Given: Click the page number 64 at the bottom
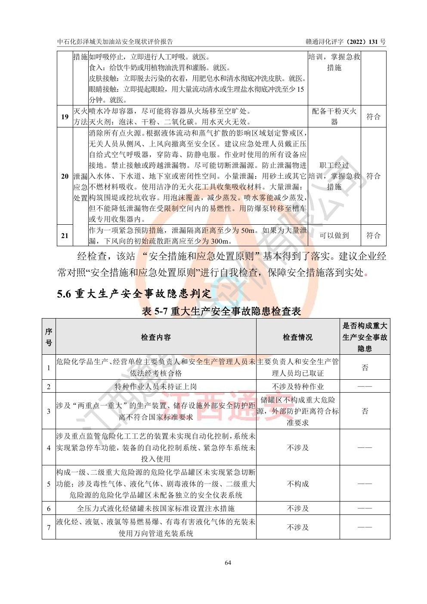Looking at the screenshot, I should pyautogui.click(x=228, y=563).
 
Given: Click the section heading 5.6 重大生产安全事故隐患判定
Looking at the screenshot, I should pyautogui.click(x=134, y=294).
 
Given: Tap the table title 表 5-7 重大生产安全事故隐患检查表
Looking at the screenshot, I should pyautogui.click(x=221, y=311).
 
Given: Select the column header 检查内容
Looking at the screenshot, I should pyautogui.click(x=156, y=338).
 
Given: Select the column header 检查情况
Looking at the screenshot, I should pyautogui.click(x=297, y=338).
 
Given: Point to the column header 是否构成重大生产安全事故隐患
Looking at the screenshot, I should pyautogui.click(x=365, y=338).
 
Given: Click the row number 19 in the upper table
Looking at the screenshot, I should pyautogui.click(x=65, y=117).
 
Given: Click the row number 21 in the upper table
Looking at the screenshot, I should pyautogui.click(x=65, y=235).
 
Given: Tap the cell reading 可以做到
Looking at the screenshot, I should pyautogui.click(x=334, y=235).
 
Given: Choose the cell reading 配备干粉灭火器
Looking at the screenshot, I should pyautogui.click(x=334, y=116).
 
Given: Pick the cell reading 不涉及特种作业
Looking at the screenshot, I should pyautogui.click(x=297, y=387).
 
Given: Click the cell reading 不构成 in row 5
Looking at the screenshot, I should pyautogui.click(x=297, y=484).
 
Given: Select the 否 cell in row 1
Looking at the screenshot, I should pyautogui.click(x=365, y=368).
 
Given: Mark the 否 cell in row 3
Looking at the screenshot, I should pyautogui.click(x=365, y=411).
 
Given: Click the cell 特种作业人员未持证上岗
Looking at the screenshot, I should pyautogui.click(x=156, y=387).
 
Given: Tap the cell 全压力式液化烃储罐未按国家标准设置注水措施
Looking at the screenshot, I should pyautogui.click(x=156, y=508).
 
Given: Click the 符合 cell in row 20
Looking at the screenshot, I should pyautogui.click(x=373, y=176).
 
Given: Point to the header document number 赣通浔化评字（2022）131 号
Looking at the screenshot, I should pyautogui.click(x=346, y=42).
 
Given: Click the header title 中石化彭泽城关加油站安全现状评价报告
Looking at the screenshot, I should pyautogui.click(x=115, y=42).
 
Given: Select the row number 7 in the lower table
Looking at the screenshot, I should pyautogui.click(x=49, y=527).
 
